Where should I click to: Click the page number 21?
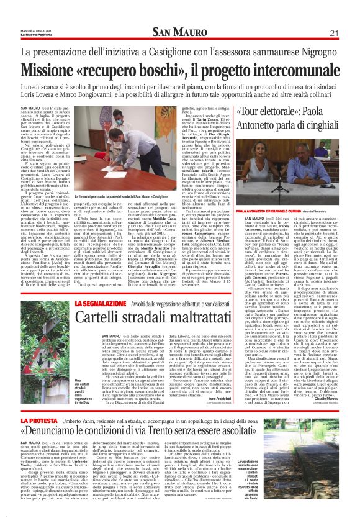tap(334, 33)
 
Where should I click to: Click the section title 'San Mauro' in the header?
tap(179, 33)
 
